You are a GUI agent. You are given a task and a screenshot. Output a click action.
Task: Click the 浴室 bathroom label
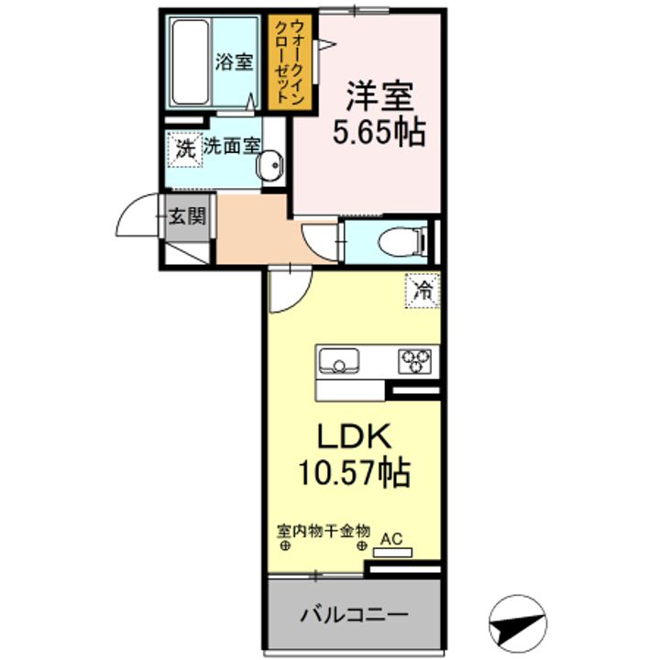(x=234, y=62)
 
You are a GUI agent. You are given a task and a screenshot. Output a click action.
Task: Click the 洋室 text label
(x=379, y=96)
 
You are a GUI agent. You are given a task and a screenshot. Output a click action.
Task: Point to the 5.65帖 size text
(x=378, y=133)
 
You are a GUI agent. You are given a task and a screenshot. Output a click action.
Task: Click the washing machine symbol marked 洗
(x=185, y=148)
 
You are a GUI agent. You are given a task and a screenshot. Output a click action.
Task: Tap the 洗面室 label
(x=231, y=146)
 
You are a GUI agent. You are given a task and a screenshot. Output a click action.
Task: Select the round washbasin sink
(x=271, y=167)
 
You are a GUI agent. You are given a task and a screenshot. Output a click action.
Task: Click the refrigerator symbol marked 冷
(x=423, y=291)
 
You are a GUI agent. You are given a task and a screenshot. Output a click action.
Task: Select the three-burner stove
(x=416, y=361)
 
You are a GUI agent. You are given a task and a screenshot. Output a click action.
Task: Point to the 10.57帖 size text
(x=352, y=474)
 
